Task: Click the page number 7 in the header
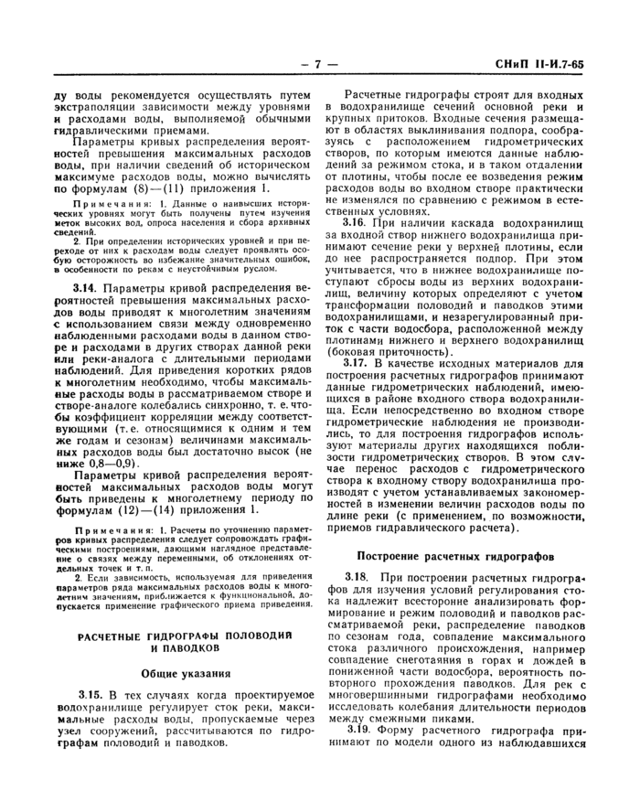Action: tap(319, 65)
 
